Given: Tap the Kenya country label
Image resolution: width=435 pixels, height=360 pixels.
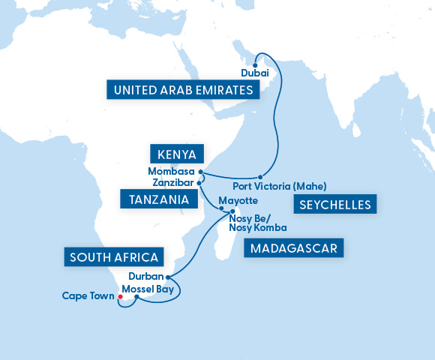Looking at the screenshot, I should click(x=177, y=155).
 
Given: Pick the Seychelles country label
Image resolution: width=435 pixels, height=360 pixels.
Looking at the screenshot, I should click(x=333, y=205).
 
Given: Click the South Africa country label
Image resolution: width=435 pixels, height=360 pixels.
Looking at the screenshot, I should click(x=114, y=258).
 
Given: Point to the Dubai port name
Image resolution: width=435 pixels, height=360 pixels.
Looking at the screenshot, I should click(x=254, y=73).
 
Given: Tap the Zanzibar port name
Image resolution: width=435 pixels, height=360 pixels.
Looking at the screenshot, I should click(x=172, y=182).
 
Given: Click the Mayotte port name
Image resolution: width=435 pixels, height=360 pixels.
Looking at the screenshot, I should click(x=239, y=201).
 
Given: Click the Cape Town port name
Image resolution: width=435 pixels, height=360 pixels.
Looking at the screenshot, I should click(x=87, y=295).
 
